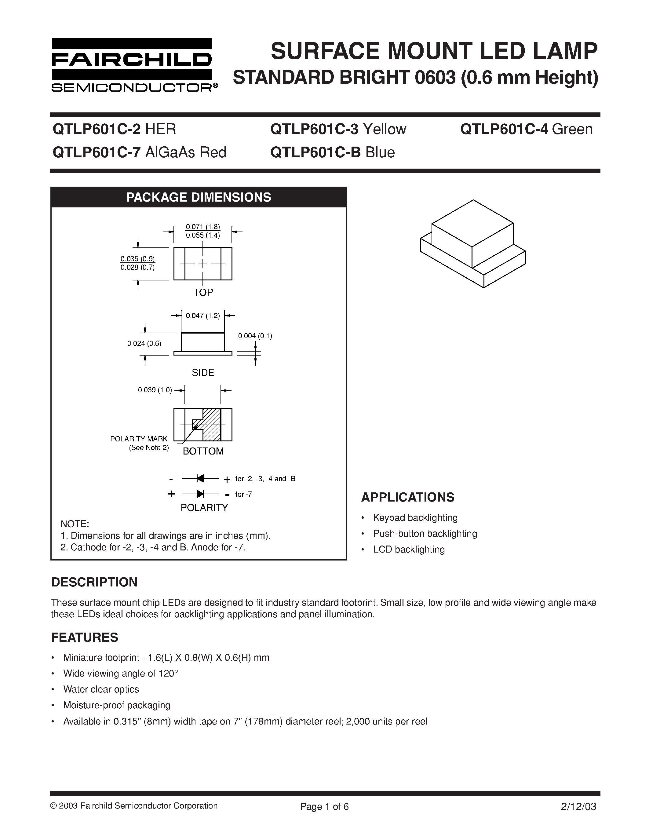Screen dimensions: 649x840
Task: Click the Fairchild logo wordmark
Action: pos(132,59)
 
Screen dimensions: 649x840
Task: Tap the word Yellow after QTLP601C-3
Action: pos(385,129)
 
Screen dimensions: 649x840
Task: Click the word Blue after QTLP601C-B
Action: pos(380,153)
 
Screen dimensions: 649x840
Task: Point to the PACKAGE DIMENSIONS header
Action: pos(199,197)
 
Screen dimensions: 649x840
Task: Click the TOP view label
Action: pos(203,292)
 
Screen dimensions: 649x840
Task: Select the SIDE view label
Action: pos(203,372)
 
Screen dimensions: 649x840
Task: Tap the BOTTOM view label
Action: pos(203,451)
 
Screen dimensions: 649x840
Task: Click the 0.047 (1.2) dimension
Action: pos(202,316)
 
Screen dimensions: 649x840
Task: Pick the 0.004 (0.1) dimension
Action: pos(255,336)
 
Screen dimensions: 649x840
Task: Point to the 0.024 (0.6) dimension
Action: pos(144,343)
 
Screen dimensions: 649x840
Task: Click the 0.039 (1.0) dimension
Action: pos(155,390)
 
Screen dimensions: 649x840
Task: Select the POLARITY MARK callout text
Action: pos(139,439)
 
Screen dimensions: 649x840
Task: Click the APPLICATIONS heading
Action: pos(407,497)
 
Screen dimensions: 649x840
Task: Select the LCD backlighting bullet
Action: pos(409,549)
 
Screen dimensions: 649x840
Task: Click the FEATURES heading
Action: pos(85,638)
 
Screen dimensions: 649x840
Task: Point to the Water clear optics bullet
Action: pos(101,689)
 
